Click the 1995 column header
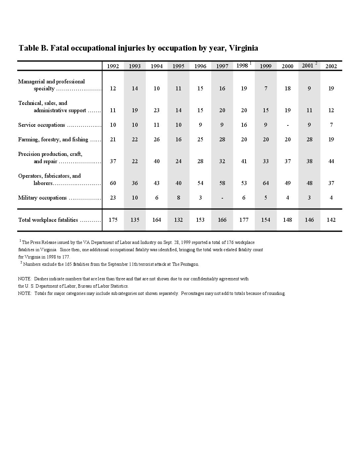(178, 66)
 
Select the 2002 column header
(331, 66)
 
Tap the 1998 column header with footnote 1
(243, 66)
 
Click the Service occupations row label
(42, 125)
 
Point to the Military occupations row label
(42, 198)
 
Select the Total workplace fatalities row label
(48, 220)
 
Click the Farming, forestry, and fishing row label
(53, 139)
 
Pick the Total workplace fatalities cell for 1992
(113, 220)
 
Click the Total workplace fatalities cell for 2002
(331, 220)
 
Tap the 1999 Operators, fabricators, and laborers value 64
(266, 183)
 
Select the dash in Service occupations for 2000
(288, 125)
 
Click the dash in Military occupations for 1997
(222, 198)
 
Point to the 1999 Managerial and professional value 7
(266, 88)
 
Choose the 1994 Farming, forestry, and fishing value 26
(157, 139)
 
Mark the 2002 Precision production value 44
(331, 161)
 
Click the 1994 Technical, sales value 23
(157, 110)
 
